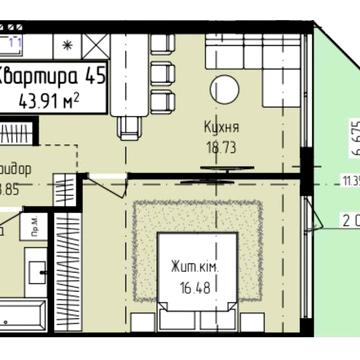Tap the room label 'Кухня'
(221, 129)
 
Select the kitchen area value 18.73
(221, 146)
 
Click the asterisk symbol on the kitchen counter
(66, 45)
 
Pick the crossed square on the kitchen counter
(96, 45)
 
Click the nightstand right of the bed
(253, 321)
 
